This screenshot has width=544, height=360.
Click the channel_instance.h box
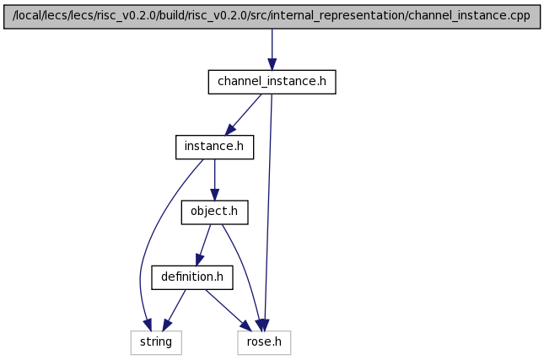[272, 82]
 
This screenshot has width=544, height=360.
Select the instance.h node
[214, 147]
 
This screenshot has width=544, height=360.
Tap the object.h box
[214, 212]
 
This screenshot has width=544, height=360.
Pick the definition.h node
[192, 277]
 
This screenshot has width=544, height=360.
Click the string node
[156, 342]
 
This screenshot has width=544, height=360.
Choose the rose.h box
[264, 342]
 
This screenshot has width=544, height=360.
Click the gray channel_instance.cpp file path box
[272, 17]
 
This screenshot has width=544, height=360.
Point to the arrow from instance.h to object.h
[214, 180]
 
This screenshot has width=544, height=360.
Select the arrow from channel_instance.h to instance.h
[244, 115]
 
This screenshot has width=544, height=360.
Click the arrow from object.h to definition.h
[203, 245]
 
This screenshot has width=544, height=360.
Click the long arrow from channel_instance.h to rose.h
[268, 212]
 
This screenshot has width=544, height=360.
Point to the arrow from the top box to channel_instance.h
[272, 50]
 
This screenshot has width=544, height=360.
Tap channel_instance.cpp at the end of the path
[467, 16]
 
